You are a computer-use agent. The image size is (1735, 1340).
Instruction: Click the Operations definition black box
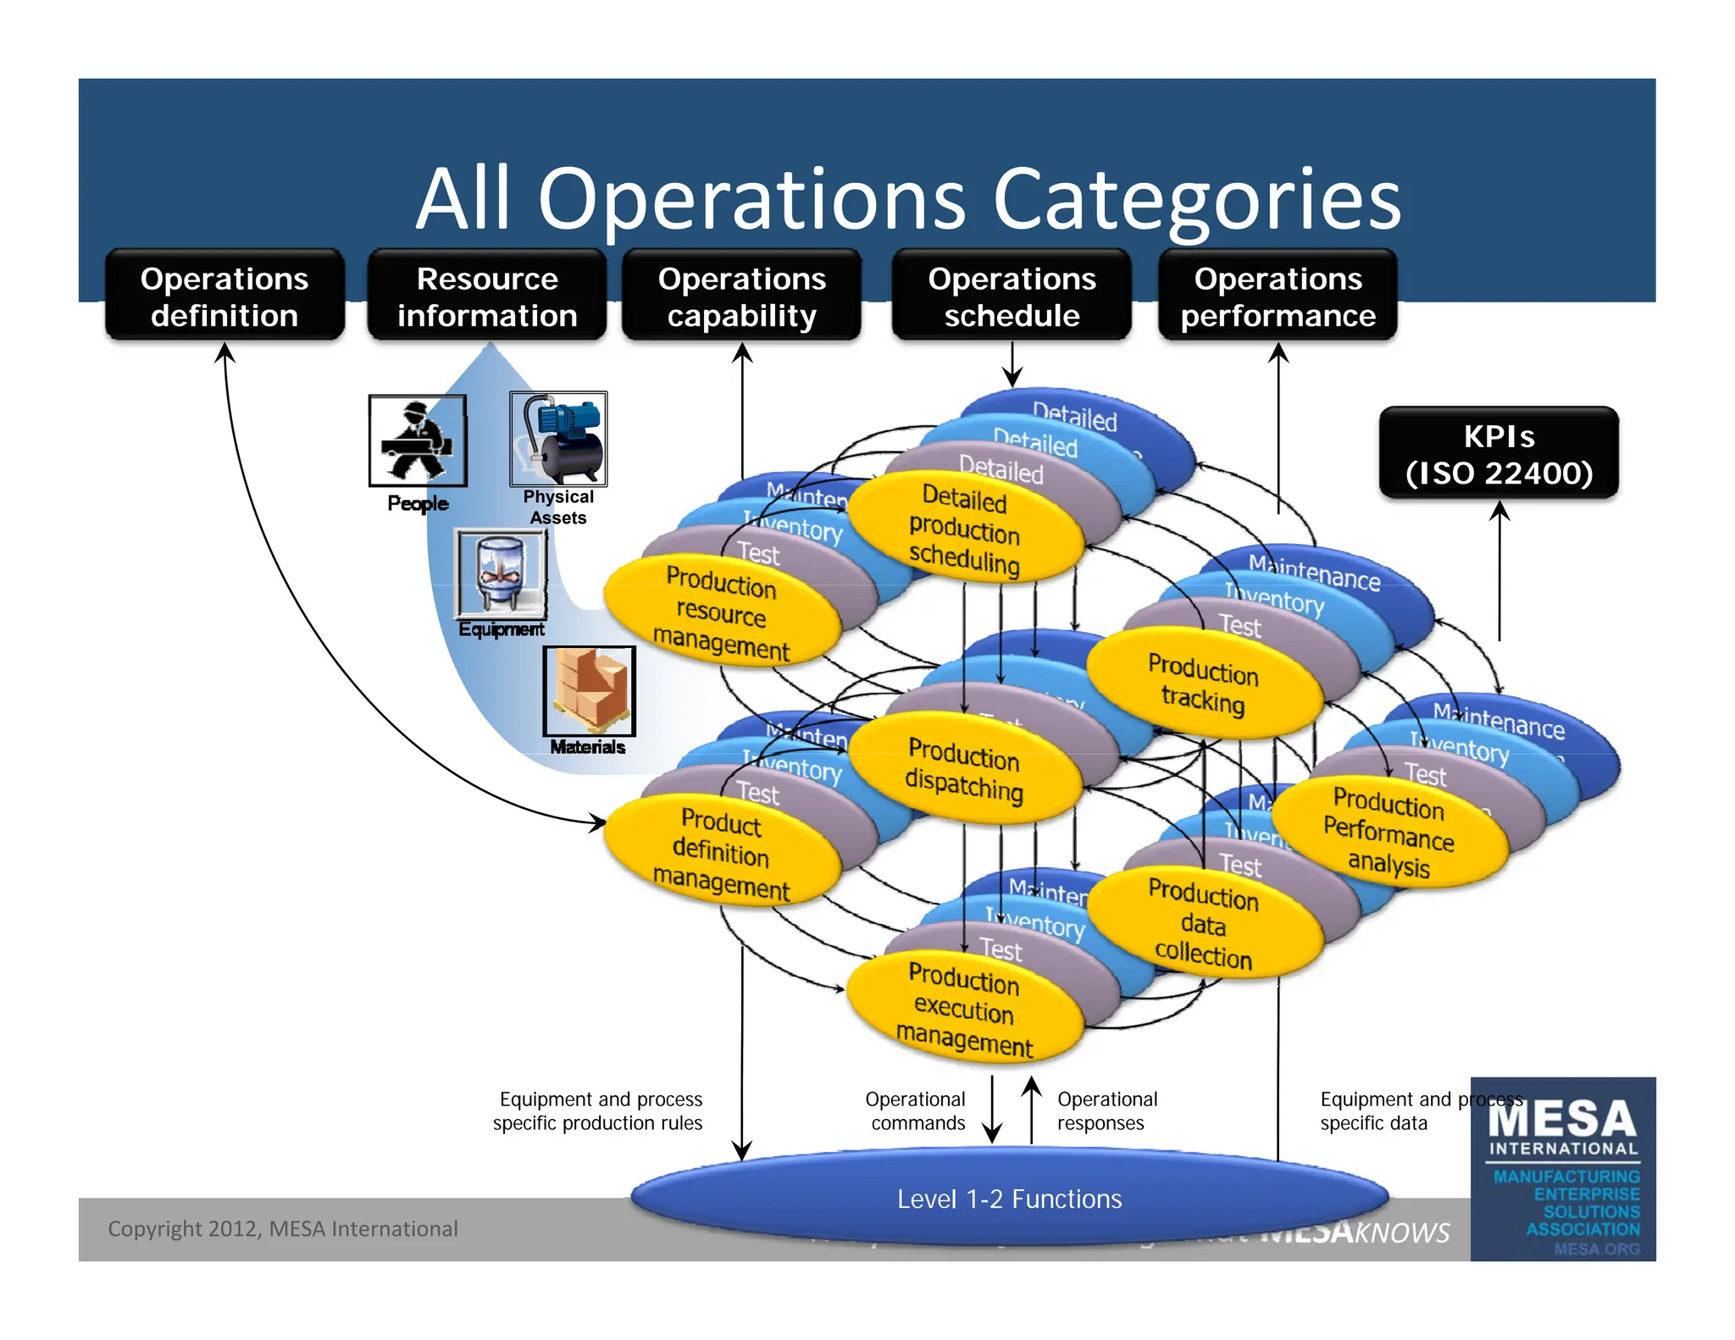(224, 296)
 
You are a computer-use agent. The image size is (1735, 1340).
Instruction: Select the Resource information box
(487, 296)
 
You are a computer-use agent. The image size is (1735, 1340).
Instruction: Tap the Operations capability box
(741, 296)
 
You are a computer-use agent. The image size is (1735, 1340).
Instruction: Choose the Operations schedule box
(1012, 296)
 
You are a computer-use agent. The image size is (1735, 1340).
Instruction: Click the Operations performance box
(1278, 296)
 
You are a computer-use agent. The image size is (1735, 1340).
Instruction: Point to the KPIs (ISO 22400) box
(1499, 453)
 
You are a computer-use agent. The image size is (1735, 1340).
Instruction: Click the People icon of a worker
(418, 440)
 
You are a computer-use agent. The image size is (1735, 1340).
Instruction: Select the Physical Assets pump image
(558, 438)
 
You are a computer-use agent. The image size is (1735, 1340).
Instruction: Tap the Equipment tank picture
(501, 573)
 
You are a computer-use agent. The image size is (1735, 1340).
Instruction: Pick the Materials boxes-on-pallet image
(589, 690)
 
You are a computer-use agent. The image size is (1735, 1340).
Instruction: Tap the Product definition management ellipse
(722, 852)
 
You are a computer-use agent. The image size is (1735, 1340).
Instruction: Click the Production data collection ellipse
(1204, 923)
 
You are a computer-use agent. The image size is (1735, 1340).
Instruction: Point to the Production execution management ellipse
(965, 1008)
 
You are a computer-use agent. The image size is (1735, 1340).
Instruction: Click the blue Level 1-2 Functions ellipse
(1009, 1199)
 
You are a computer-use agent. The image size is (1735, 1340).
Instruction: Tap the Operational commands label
(916, 1110)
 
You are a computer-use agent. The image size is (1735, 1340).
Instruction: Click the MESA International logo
(1563, 1169)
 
